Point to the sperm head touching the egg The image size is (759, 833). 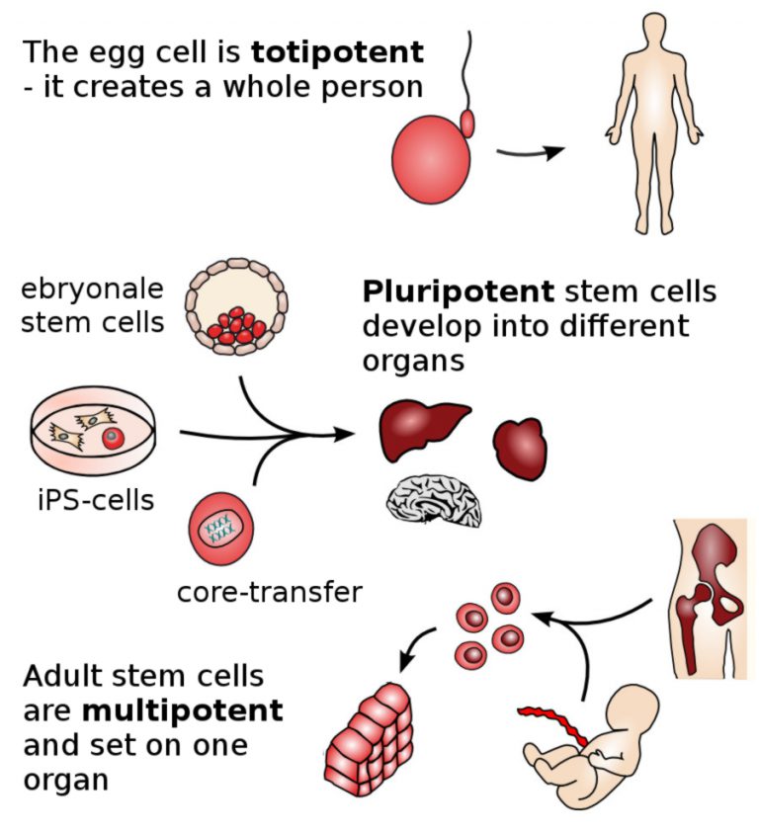tap(467, 125)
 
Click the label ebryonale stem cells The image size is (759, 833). tap(93, 306)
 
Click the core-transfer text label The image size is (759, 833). tap(269, 593)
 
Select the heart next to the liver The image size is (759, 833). tap(519, 447)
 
